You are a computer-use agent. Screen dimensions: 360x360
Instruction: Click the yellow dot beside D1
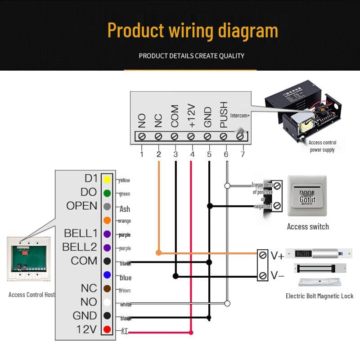[x=107, y=180]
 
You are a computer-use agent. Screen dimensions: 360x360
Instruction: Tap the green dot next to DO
[x=107, y=193]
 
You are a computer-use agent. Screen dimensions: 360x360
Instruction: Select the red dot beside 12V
[x=107, y=330]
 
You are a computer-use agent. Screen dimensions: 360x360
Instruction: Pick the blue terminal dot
[x=107, y=274]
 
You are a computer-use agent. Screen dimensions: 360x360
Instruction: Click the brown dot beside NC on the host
[x=107, y=288]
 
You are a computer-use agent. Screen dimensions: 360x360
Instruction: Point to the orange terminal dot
[x=107, y=220]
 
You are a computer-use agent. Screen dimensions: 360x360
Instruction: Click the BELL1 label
[x=81, y=234]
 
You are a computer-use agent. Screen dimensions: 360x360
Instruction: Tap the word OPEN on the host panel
[x=81, y=206]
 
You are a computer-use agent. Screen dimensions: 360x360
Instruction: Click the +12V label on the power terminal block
[x=191, y=117]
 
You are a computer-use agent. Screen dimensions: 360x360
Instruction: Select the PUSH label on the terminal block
[x=224, y=115]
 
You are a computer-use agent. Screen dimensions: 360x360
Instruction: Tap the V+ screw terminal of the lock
[x=263, y=255]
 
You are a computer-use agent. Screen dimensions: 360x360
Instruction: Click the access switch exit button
[x=307, y=197]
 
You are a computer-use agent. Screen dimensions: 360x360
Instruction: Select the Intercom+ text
[x=240, y=116]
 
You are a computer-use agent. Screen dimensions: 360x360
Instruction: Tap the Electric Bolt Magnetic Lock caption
[x=319, y=296]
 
